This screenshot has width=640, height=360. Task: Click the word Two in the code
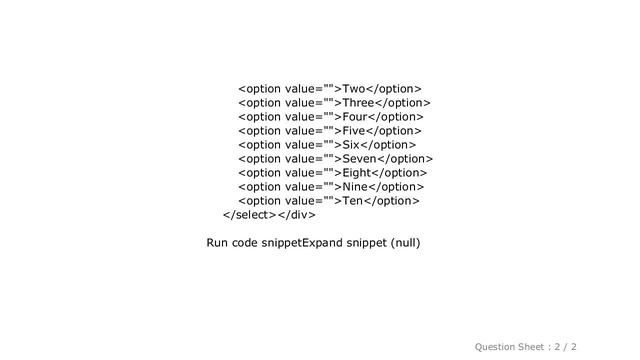[x=353, y=89]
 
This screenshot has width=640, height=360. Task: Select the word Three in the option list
[x=358, y=103]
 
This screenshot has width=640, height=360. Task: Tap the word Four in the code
[x=355, y=117]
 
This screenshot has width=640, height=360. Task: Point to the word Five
[x=353, y=131]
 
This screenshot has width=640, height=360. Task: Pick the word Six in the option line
[x=351, y=145]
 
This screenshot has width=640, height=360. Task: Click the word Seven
[x=360, y=159]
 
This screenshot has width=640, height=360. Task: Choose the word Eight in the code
[x=357, y=173]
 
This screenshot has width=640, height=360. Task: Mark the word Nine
[x=355, y=187]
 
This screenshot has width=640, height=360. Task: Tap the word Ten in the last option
[x=353, y=201]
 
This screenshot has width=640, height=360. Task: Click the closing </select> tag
[x=250, y=215]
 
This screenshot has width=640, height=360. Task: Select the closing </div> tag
[x=296, y=215]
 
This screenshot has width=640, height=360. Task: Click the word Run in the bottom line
[x=217, y=243]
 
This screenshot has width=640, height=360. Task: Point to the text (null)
[x=405, y=243]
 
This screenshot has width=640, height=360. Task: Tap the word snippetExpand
[x=302, y=243]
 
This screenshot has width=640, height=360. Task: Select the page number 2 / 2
[x=565, y=347]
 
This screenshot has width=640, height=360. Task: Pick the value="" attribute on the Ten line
[x=309, y=201]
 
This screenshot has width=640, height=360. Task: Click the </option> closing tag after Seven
[x=405, y=159]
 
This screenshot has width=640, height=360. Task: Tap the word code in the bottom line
[x=244, y=243]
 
